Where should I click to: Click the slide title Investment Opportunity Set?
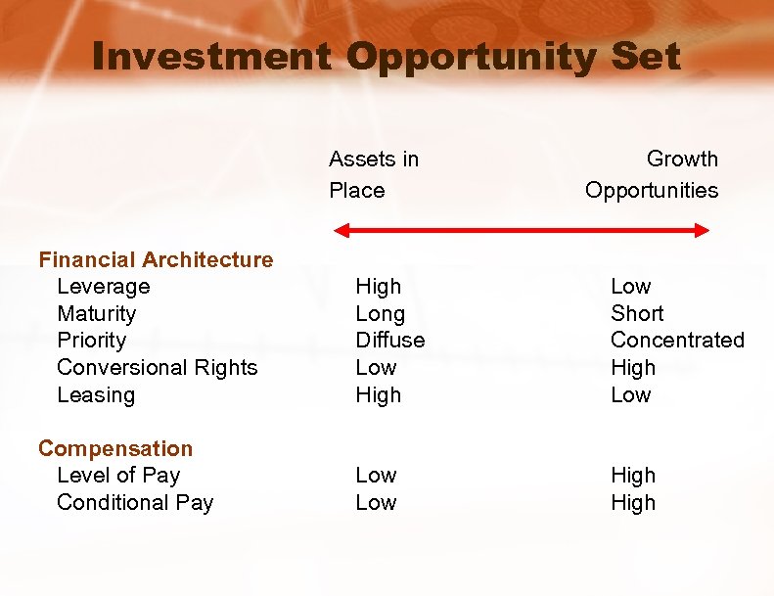(387, 57)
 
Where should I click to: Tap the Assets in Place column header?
(373, 174)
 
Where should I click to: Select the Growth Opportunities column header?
(652, 174)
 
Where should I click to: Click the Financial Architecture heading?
(156, 259)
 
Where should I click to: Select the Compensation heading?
(115, 448)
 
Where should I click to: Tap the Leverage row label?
(103, 287)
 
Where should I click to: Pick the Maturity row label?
(96, 314)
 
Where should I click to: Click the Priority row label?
(91, 341)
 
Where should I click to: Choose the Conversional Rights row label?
(157, 368)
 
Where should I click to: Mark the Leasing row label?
(96, 395)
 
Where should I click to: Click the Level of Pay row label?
(118, 476)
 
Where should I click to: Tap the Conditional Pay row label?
(135, 503)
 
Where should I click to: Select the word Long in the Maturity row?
(380, 314)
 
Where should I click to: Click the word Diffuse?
(389, 341)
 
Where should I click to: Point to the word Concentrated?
(677, 341)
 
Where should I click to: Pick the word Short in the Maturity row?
(636, 314)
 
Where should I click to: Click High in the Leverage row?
(378, 287)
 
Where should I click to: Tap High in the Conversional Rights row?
(633, 368)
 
